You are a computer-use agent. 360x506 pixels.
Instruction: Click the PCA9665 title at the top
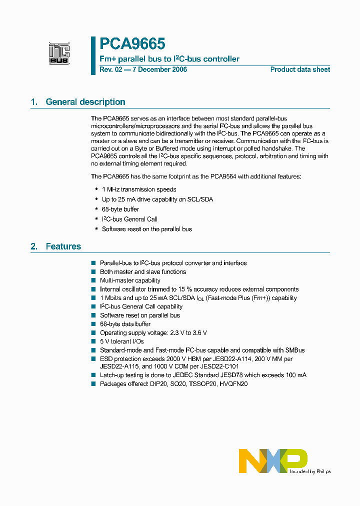click(x=132, y=44)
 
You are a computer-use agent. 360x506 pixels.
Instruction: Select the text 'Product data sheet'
click(x=300, y=69)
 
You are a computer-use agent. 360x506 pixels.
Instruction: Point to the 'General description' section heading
click(x=85, y=102)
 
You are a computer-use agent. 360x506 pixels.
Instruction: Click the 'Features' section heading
click(x=63, y=246)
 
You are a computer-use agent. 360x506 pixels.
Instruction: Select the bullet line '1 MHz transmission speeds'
click(x=138, y=189)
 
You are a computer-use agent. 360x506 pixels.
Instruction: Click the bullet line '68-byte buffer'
click(x=120, y=209)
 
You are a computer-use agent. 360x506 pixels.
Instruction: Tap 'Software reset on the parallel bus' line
click(x=146, y=229)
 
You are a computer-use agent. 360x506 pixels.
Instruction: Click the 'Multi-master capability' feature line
click(x=130, y=280)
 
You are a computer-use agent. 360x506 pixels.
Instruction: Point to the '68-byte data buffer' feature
click(x=125, y=324)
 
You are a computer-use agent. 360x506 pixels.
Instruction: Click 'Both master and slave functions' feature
click(x=142, y=272)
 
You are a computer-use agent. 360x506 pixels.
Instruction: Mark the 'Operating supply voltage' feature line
click(x=153, y=332)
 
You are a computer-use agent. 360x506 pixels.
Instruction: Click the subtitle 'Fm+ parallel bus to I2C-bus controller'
click(x=169, y=59)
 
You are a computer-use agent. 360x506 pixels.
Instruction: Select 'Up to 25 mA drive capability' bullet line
click(x=157, y=199)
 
